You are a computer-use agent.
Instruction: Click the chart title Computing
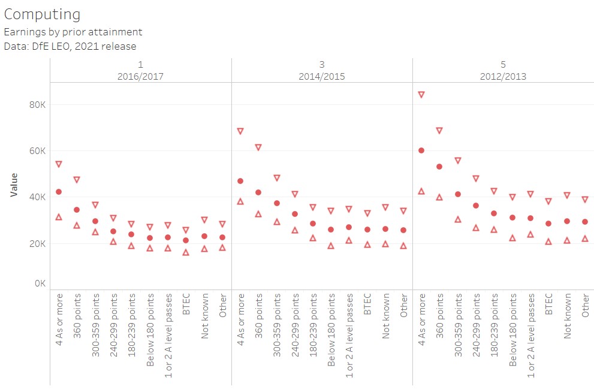coord(42,14)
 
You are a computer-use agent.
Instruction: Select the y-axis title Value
coord(14,185)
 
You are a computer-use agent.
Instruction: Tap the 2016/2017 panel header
coord(141,77)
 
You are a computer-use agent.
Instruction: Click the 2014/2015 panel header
coord(322,77)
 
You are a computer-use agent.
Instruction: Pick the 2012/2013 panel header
coord(503,77)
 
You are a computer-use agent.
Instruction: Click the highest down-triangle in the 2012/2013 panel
coord(421,95)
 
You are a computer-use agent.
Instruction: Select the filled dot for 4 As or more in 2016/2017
coord(59,192)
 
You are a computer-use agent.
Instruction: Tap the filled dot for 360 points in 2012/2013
coord(439,167)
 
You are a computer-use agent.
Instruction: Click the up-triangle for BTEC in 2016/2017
coord(186,252)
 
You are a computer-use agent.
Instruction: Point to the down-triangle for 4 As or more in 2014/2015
coord(240,131)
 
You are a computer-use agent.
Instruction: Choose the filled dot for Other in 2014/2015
coord(403,230)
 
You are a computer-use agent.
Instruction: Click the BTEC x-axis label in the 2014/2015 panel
coord(367,303)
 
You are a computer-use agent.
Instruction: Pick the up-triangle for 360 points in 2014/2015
coord(258,214)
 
